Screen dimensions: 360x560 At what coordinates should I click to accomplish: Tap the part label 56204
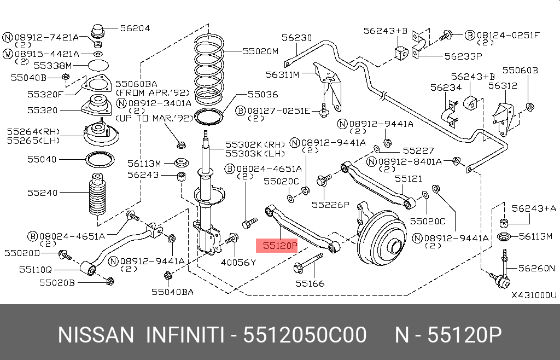coord(135,28)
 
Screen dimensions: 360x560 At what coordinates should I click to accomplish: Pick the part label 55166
coord(310,283)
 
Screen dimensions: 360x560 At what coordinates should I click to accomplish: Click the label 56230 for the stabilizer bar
coord(296,38)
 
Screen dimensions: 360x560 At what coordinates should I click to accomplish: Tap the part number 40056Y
coord(238,263)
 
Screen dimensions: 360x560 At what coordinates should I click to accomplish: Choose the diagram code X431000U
coord(534,295)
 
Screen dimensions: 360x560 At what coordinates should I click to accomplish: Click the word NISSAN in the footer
coord(96,335)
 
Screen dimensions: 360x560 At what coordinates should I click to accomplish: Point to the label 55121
coord(409,179)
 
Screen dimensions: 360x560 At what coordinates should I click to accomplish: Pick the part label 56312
coord(503,86)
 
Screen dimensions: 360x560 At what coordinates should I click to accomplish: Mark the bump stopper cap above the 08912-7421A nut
coord(98,30)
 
